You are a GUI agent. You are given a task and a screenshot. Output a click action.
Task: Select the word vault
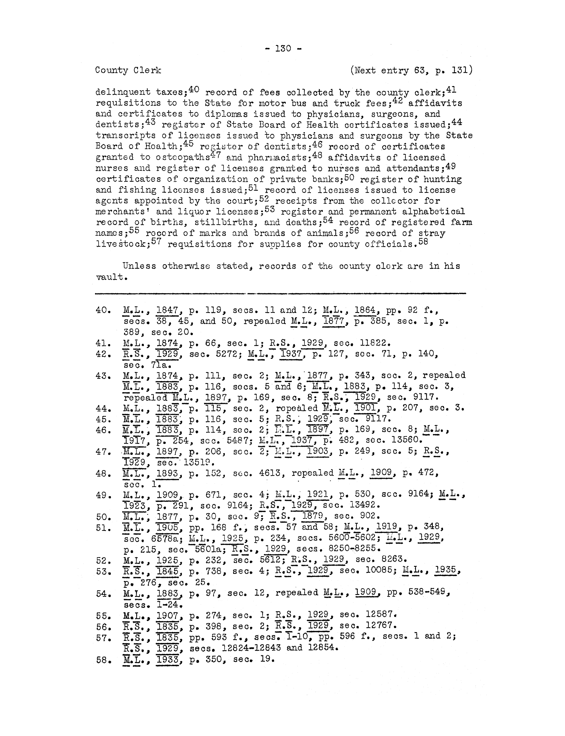click(110, 277)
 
